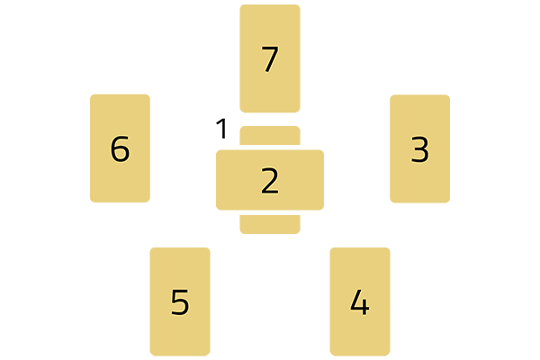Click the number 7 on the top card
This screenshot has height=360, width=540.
[269, 59]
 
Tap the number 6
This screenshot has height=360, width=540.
[120, 148]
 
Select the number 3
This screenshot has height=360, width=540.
[419, 149]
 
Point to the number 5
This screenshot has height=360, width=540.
[180, 302]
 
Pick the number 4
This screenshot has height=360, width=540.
[359, 302]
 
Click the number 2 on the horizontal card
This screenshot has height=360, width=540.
[270, 181]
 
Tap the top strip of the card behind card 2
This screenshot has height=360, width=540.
[270, 136]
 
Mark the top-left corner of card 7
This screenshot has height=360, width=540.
[242, 7]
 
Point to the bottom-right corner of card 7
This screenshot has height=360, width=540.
[298, 111]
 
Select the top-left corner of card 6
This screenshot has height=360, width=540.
[93, 96]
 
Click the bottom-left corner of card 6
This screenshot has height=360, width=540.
[93, 200]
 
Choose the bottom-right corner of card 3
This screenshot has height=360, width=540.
[447, 201]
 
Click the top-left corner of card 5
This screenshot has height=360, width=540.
[152, 249]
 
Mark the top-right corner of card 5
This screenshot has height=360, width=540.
[208, 249]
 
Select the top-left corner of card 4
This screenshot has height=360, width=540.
[332, 249]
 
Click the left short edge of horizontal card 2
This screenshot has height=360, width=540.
[217, 180]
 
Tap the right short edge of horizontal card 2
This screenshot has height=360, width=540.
[323, 180]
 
